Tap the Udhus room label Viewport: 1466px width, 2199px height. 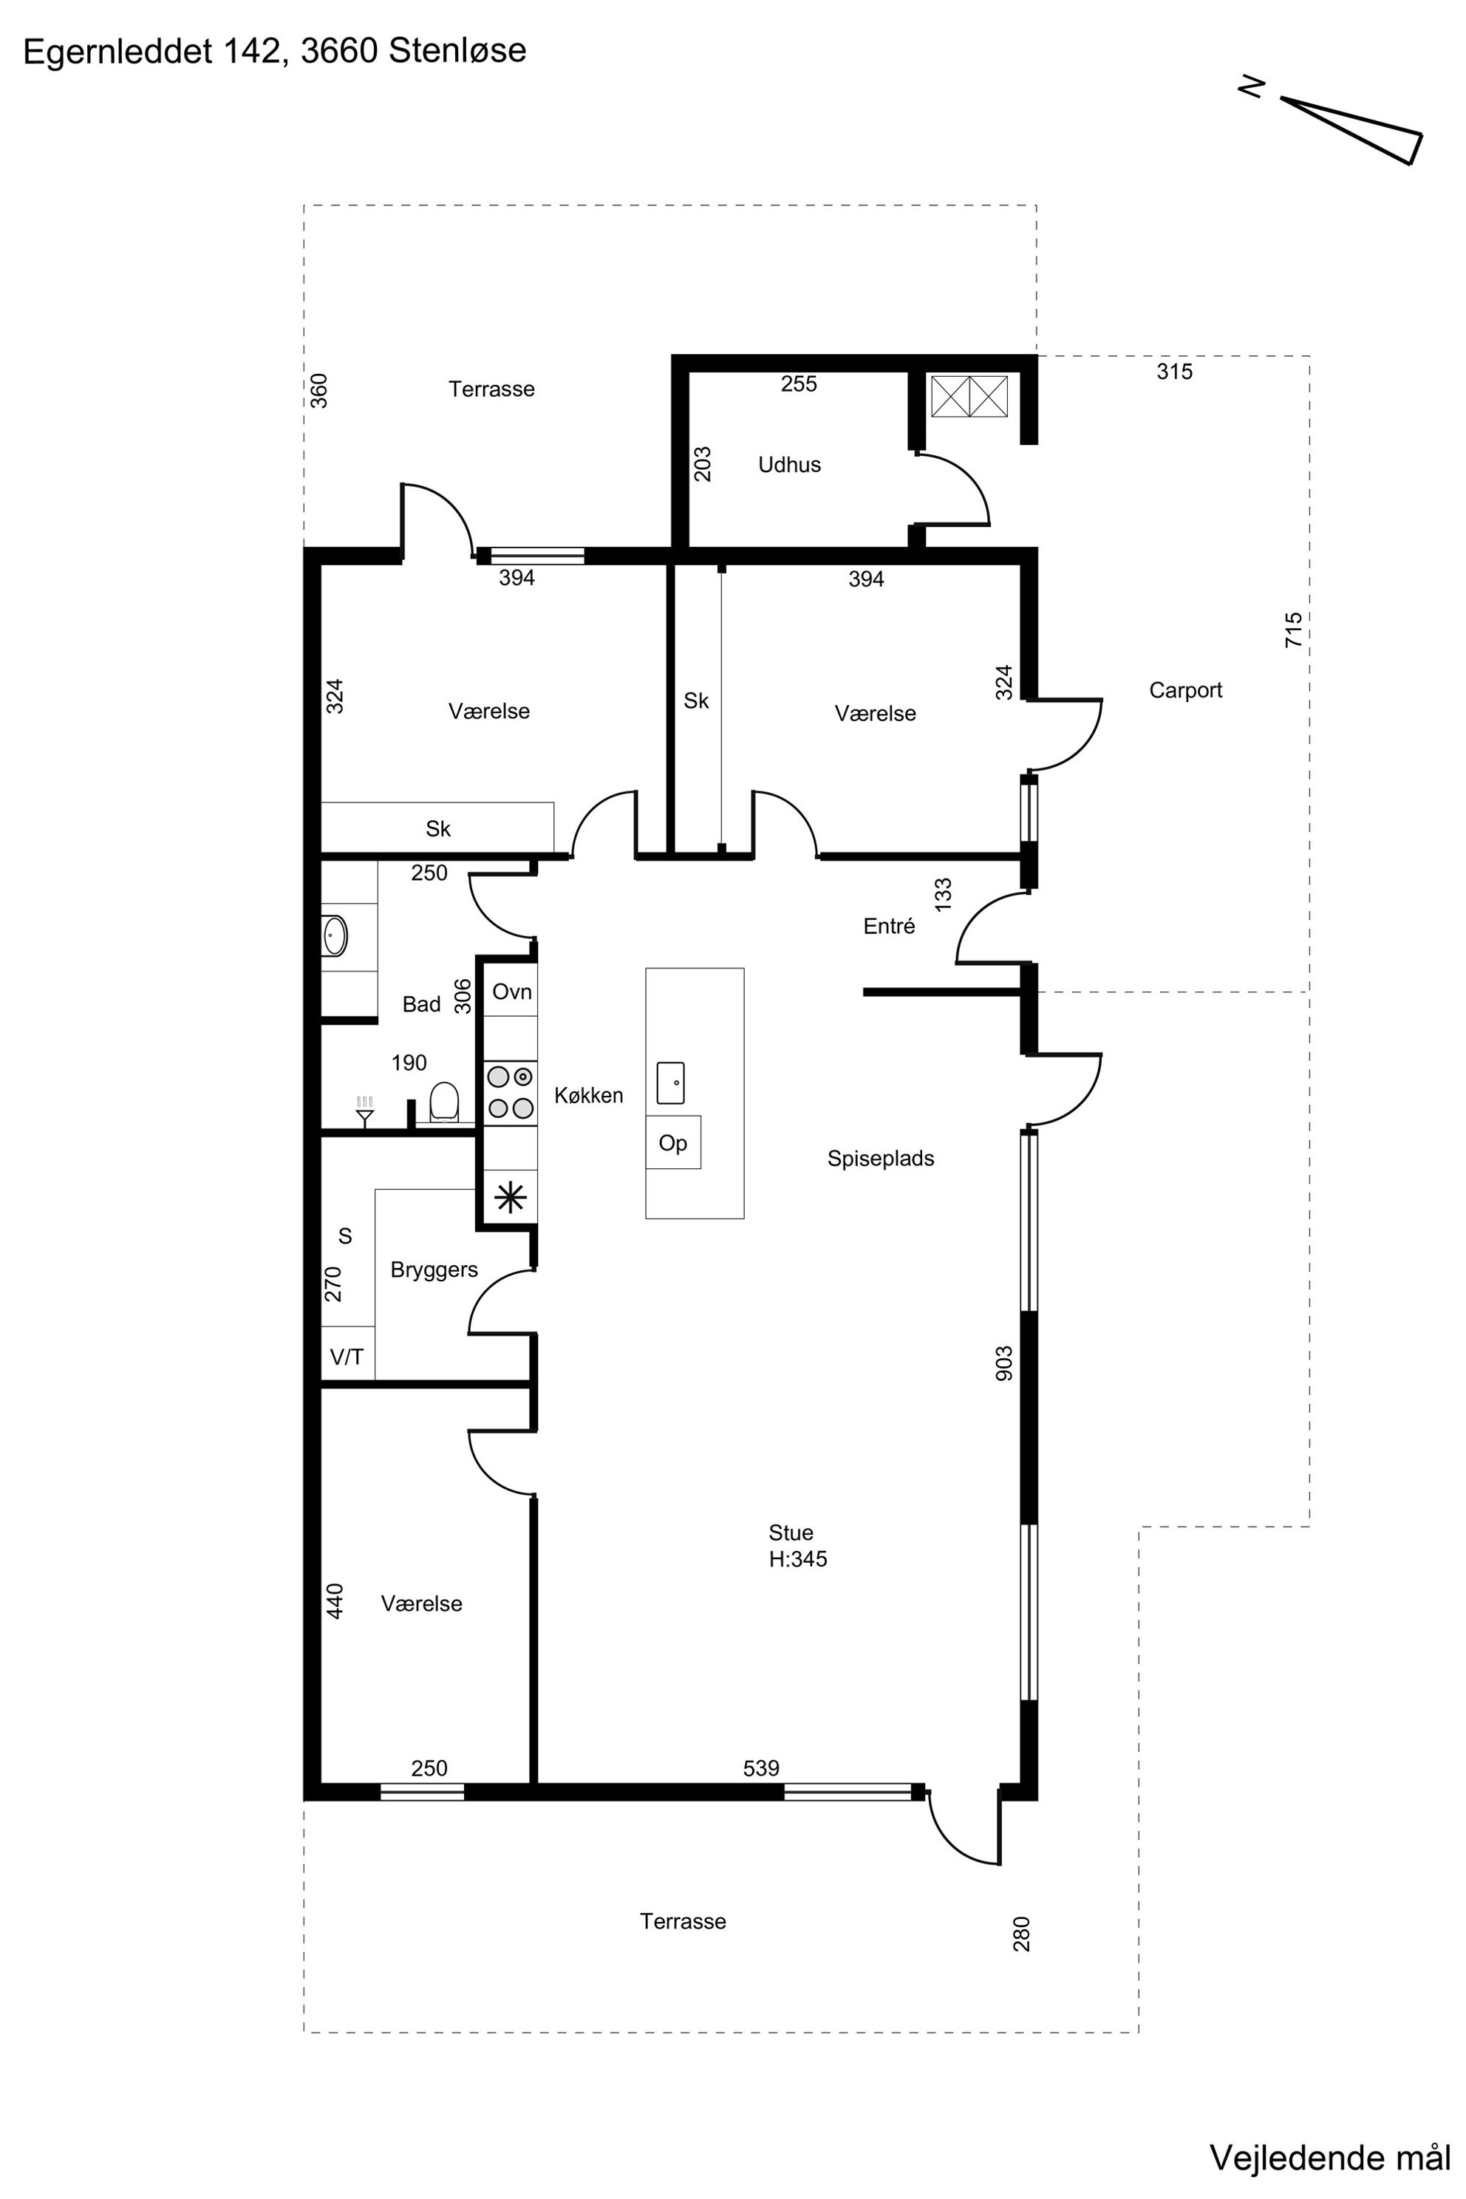pyautogui.click(x=789, y=465)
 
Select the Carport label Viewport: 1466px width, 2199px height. pyautogui.click(x=1185, y=690)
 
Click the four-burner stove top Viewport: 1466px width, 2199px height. pyautogui.click(x=511, y=1092)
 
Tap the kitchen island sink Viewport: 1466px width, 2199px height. pyautogui.click(x=670, y=1083)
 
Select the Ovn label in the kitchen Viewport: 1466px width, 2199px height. pyautogui.click(x=511, y=991)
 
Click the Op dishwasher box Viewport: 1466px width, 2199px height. pyautogui.click(x=673, y=1142)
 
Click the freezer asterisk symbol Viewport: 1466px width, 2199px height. pyautogui.click(x=511, y=1198)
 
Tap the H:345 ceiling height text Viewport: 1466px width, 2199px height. pyautogui.click(x=797, y=1558)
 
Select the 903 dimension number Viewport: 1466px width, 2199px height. pyautogui.click(x=1003, y=1363)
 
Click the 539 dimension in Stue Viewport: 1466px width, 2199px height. pyautogui.click(x=761, y=1768)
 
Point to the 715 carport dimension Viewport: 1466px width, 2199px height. pyautogui.click(x=1293, y=630)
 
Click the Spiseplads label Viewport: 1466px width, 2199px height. pyautogui.click(x=881, y=1159)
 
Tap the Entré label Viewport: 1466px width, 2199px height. pyautogui.click(x=889, y=926)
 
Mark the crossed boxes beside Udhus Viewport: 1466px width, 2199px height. pyautogui.click(x=969, y=396)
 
